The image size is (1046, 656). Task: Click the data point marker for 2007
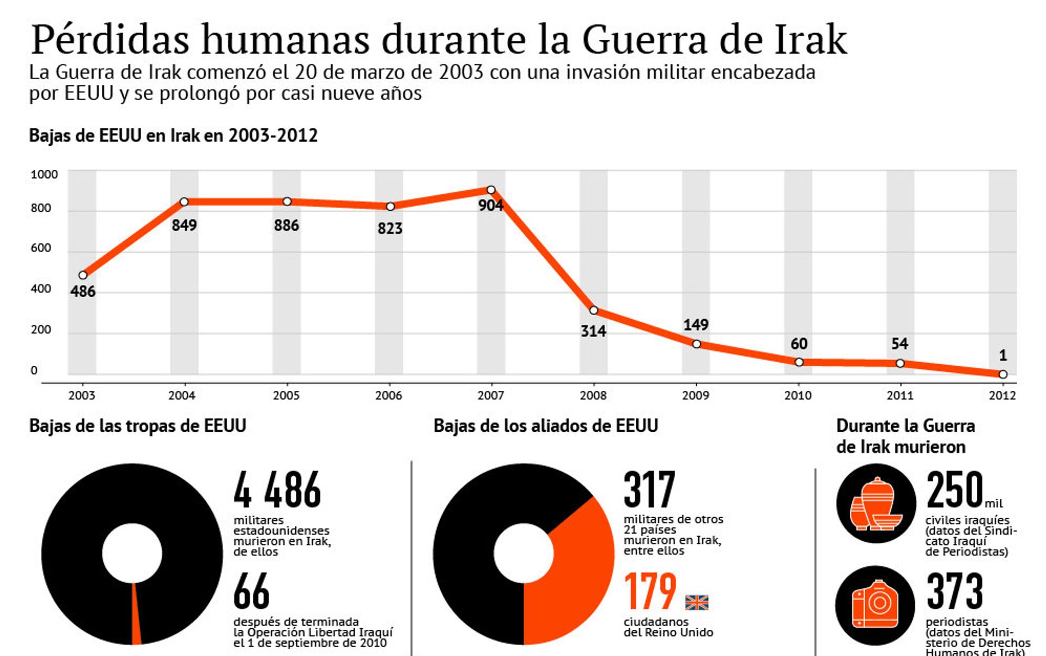pyautogui.click(x=491, y=190)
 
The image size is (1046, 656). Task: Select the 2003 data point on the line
pyautogui.click(x=83, y=275)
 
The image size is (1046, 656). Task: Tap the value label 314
pyautogui.click(x=593, y=331)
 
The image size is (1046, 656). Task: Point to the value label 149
pyautogui.click(x=696, y=325)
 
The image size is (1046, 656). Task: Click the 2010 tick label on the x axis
pyautogui.click(x=798, y=396)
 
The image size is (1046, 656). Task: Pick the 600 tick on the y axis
pyautogui.click(x=41, y=248)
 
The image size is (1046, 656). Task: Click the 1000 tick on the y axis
pyautogui.click(x=44, y=175)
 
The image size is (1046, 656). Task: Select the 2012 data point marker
pyautogui.click(x=1003, y=375)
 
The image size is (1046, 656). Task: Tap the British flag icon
pyautogui.click(x=696, y=602)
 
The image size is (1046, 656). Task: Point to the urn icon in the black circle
pyautogui.click(x=876, y=504)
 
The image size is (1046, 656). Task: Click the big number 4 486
pyautogui.click(x=277, y=490)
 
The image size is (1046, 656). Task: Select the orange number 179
pyautogui.click(x=650, y=591)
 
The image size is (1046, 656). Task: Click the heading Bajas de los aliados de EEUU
pyautogui.click(x=545, y=426)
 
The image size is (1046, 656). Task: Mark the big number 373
pyautogui.click(x=954, y=591)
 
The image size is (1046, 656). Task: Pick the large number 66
pyautogui.click(x=251, y=591)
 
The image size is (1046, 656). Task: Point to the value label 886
pyautogui.click(x=287, y=225)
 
